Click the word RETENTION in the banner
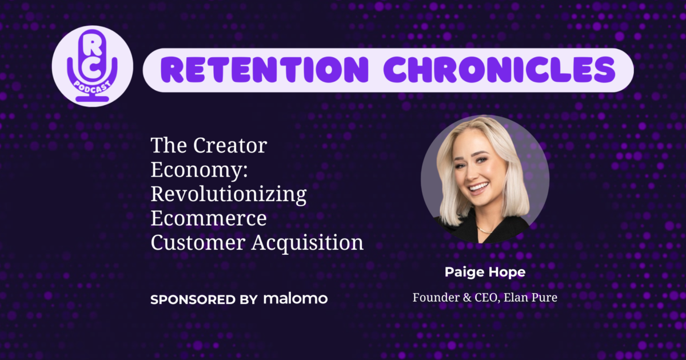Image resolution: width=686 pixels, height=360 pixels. coord(263,70)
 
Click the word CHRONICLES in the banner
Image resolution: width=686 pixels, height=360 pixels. coord(497,70)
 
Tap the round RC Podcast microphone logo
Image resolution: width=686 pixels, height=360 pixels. coord(92,66)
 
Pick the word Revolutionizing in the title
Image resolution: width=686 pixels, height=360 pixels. coord(228,194)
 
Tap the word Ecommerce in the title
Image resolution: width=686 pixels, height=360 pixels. coord(209,219)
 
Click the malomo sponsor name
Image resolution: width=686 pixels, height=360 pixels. coord(296,299)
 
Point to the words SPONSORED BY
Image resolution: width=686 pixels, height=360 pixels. coord(204,299)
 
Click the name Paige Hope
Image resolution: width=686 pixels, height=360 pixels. coord(485,273)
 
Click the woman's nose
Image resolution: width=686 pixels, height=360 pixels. coord(477,173)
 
